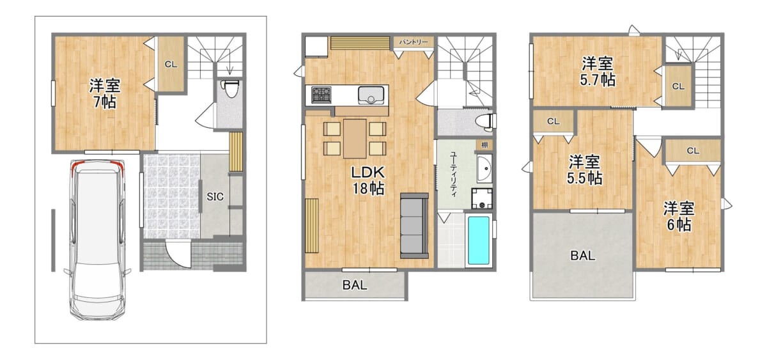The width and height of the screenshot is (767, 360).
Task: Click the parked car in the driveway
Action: [x=98, y=240]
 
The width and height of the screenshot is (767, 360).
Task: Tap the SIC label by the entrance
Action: [x=215, y=196]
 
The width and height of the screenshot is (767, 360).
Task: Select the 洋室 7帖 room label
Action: [x=105, y=93]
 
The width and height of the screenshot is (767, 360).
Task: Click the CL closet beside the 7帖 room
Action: [x=171, y=64]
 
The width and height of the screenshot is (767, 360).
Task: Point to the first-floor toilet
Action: [x=229, y=89]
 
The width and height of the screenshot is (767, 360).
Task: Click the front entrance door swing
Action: [x=178, y=253]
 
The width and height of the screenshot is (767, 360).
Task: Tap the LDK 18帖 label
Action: [x=368, y=180]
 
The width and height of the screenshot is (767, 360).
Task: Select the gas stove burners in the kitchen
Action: [x=321, y=95]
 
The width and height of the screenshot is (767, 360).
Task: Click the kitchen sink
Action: [x=371, y=95]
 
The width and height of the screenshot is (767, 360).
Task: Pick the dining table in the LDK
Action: [x=355, y=138]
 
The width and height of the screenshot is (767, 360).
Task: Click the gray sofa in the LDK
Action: [x=414, y=226]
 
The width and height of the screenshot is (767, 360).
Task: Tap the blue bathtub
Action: [x=479, y=240]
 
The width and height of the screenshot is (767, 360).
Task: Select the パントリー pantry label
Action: [x=414, y=42]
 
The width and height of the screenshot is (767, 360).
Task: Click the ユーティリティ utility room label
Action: [x=453, y=174]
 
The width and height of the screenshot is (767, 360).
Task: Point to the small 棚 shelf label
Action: [x=484, y=145]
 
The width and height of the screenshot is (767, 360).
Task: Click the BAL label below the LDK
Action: [x=355, y=285]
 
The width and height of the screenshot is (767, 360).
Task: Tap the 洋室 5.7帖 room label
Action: [x=598, y=72]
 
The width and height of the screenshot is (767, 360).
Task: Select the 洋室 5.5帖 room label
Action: [x=584, y=170]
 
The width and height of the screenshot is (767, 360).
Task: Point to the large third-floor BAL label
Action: [x=583, y=256]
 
